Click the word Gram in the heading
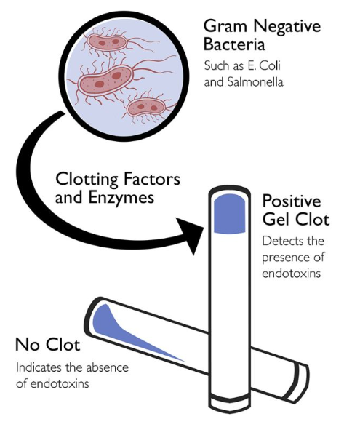[225, 26]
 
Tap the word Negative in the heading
[287, 26]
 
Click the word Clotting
[87, 180]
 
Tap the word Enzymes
[121, 198]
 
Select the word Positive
[292, 201]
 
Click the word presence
[282, 258]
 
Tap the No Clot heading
[48, 345]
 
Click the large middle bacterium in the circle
[105, 80]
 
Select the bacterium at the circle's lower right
[146, 107]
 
